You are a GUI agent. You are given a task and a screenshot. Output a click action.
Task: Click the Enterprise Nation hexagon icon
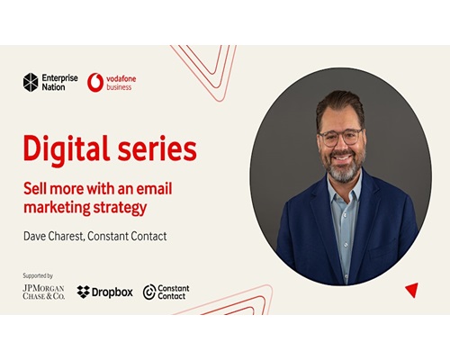click(31, 82)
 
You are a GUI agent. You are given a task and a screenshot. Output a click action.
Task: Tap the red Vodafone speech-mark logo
click(95, 83)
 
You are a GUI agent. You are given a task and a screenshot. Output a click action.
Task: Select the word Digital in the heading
click(67, 149)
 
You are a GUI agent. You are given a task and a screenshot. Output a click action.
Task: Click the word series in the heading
click(157, 149)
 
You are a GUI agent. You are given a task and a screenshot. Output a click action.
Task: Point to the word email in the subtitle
click(154, 188)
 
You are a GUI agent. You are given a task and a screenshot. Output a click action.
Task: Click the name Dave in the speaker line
click(34, 236)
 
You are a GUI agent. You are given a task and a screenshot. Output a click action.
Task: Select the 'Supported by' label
click(38, 275)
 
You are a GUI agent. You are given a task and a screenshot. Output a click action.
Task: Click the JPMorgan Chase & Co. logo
click(44, 292)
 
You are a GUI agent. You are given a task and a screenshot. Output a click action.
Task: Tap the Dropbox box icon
click(83, 292)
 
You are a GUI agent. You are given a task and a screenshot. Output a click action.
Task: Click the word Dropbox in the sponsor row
click(112, 292)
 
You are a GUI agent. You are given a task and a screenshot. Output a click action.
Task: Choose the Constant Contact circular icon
click(149, 292)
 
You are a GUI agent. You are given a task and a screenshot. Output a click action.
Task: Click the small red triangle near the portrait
click(412, 289)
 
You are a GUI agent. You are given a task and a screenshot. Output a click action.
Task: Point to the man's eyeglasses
click(341, 137)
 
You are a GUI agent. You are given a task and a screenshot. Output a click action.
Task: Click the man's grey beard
click(344, 168)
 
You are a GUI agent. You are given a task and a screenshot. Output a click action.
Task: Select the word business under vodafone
click(119, 87)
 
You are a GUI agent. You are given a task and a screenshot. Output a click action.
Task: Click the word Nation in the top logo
click(53, 87)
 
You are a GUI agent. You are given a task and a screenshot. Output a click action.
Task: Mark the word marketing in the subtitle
click(57, 208)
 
